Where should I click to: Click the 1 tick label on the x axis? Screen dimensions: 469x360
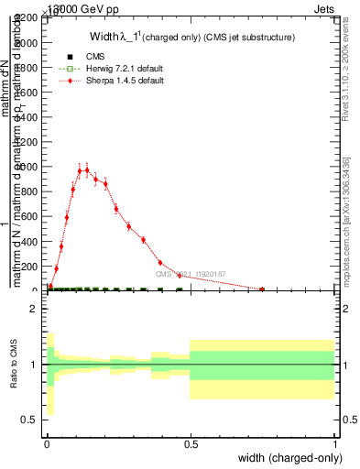pyautogui.click(x=334, y=445)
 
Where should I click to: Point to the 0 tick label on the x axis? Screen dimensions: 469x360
pyautogui.click(x=47, y=445)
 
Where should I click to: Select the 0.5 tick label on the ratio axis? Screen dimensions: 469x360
pyautogui.click(x=28, y=420)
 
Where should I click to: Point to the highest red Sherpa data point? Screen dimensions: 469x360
pyautogui.click(x=87, y=169)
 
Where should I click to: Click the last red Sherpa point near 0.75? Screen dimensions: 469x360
pyautogui.click(x=262, y=289)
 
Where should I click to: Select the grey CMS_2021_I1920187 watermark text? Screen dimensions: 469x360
pyautogui.click(x=191, y=273)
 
